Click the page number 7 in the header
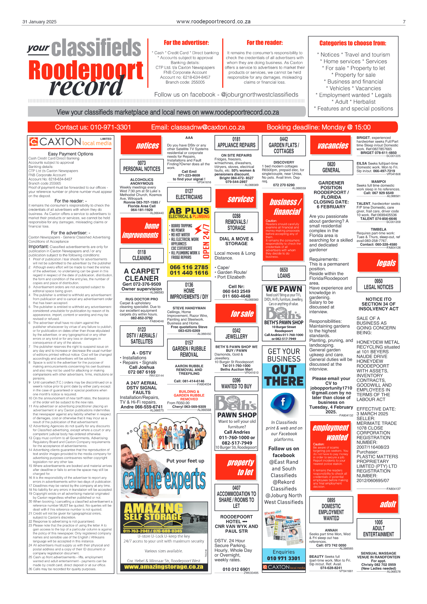tap(404, 22)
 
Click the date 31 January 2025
tap(39, 22)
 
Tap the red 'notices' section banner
tap(141, 145)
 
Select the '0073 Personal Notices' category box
tap(142, 166)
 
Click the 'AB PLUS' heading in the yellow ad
tap(189, 211)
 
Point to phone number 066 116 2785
tap(189, 267)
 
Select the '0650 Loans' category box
tap(284, 273)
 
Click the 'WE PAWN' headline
tap(284, 289)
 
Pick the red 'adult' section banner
tap(378, 504)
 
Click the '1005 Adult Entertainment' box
tap(378, 528)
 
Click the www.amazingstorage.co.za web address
tap(164, 567)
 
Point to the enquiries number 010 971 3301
tap(284, 558)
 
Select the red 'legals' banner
tap(378, 263)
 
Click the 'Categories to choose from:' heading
tap(353, 43)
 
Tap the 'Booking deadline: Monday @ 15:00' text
tap(318, 127)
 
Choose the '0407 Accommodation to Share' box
tap(236, 497)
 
